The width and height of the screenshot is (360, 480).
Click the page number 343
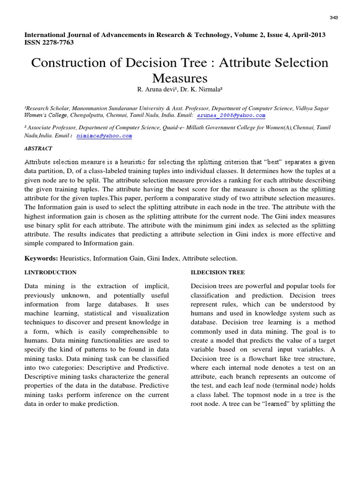pyautogui.click(x=334, y=17)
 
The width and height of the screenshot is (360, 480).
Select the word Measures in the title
pyautogui.click(x=180, y=77)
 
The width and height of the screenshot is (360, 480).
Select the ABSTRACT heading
pyautogui.click(x=38, y=148)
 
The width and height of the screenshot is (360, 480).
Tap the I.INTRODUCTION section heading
pyautogui.click(x=50, y=272)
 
